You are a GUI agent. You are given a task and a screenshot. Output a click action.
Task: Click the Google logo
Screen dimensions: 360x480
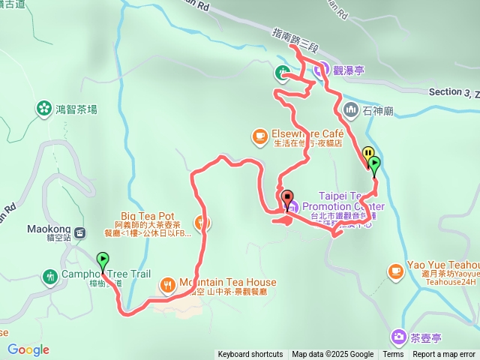pyautogui.click(x=28, y=349)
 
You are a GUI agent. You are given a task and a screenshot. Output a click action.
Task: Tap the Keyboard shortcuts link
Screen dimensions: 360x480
pyautogui.click(x=250, y=355)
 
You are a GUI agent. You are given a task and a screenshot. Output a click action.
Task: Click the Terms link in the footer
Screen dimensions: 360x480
pyautogui.click(x=393, y=355)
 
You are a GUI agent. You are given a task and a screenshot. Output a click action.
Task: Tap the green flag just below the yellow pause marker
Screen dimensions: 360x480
pyautogui.click(x=374, y=163)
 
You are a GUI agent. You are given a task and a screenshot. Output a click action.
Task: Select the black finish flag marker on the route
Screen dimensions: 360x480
pyautogui.click(x=287, y=198)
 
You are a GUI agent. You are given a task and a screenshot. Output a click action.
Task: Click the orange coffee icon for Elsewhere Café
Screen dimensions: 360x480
pyautogui.click(x=259, y=136)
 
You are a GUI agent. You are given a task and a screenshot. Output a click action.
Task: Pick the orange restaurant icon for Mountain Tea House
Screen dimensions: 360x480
pyautogui.click(x=167, y=284)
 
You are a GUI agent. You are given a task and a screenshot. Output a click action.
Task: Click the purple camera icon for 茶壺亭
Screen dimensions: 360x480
pyautogui.click(x=397, y=337)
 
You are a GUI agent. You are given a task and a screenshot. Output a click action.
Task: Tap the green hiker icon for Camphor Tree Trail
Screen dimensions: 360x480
pyautogui.click(x=50, y=276)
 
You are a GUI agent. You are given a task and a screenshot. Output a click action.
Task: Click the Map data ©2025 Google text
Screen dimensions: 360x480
pyautogui.click(x=332, y=355)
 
